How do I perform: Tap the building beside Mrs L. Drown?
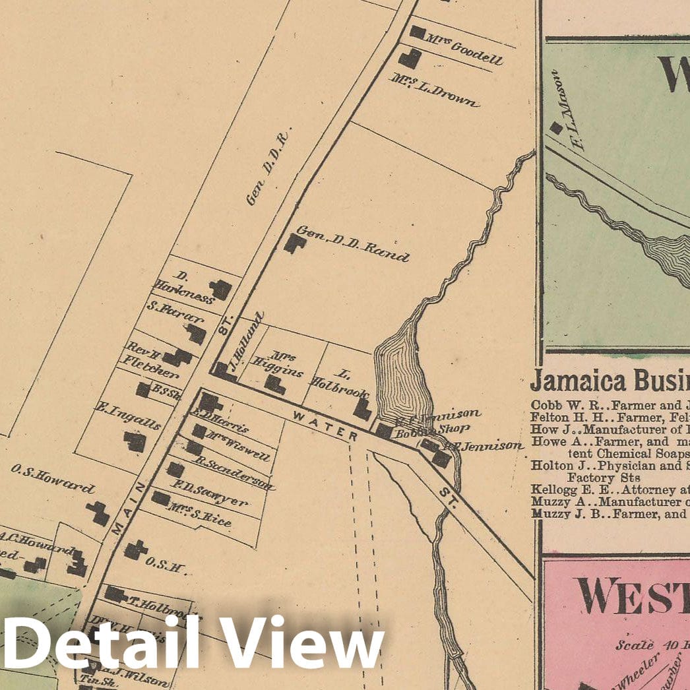410,59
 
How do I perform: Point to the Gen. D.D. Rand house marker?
294,243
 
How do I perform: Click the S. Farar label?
168,309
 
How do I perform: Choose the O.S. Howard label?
53,479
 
